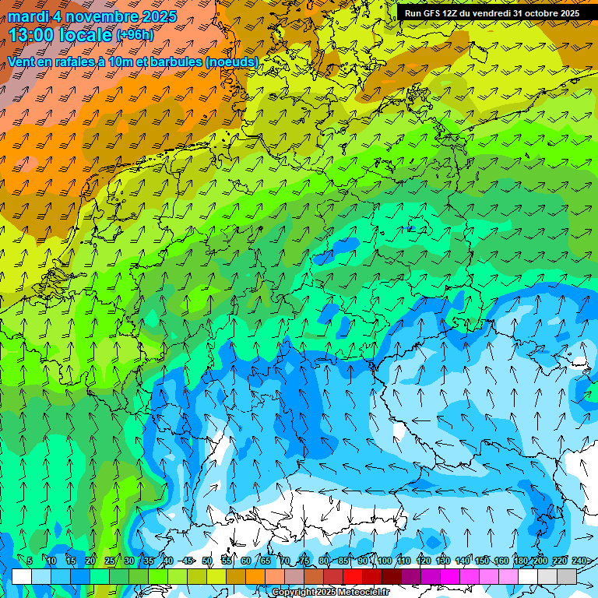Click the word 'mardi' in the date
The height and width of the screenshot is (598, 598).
(x=28, y=16)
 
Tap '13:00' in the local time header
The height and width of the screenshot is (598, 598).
(x=33, y=34)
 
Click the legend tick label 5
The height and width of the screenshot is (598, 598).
(x=30, y=561)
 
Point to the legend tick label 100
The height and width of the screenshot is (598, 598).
(x=384, y=561)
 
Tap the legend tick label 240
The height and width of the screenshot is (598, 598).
(x=579, y=561)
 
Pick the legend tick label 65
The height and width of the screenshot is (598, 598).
(x=266, y=561)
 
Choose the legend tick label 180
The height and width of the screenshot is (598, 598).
(x=520, y=561)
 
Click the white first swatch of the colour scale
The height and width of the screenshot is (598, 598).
(x=22, y=576)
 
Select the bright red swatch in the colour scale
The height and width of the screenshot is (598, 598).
(x=353, y=576)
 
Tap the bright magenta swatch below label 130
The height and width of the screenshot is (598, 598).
(x=450, y=576)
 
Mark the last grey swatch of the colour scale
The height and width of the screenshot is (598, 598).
(x=567, y=576)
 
